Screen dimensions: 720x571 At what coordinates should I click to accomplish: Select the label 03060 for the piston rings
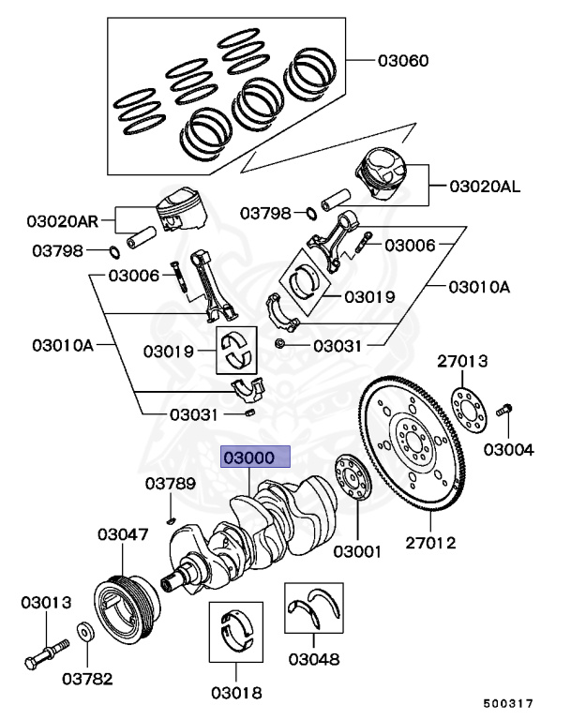tap(403, 62)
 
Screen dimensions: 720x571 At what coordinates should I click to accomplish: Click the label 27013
tap(459, 360)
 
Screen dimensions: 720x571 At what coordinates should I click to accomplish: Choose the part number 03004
tap(508, 450)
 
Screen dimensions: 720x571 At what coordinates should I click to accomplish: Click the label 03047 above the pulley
tap(123, 534)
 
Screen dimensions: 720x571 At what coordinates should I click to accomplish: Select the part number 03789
tap(170, 484)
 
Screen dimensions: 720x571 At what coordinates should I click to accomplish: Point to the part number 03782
tap(87, 675)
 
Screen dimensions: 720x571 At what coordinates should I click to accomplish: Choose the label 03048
tap(313, 659)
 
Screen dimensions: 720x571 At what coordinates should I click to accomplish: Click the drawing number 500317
tap(508, 702)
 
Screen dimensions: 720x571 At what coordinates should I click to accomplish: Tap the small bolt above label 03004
tap(505, 410)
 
